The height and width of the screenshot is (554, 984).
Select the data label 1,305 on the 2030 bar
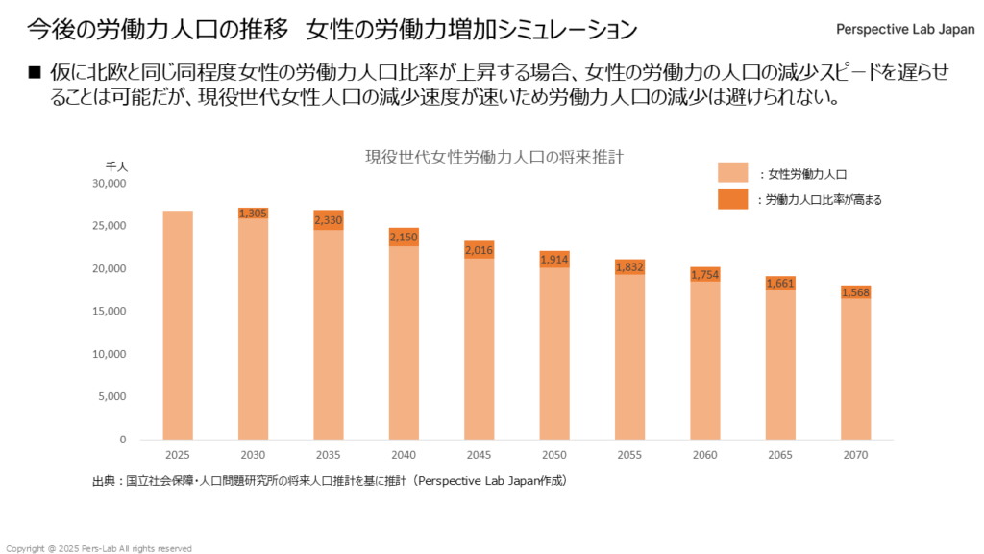(x=253, y=214)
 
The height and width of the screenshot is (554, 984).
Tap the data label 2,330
(x=328, y=221)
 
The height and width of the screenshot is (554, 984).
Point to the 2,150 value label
(x=403, y=237)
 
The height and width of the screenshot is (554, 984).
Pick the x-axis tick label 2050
(x=553, y=455)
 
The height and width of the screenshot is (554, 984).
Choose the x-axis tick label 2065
(x=779, y=455)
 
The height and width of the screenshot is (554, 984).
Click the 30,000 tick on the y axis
(x=109, y=183)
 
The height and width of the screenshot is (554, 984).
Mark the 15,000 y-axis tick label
(x=109, y=311)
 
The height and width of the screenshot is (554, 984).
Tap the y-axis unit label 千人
(x=117, y=166)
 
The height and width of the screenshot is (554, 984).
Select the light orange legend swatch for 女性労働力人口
(x=732, y=172)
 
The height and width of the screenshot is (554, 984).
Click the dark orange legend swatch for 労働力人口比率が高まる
(x=732, y=199)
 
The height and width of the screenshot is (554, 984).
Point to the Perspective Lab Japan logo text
(x=904, y=29)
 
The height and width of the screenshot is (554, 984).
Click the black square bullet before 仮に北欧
(x=36, y=73)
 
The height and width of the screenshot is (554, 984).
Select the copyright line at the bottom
(x=99, y=548)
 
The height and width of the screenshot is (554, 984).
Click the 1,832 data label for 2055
(x=628, y=267)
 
